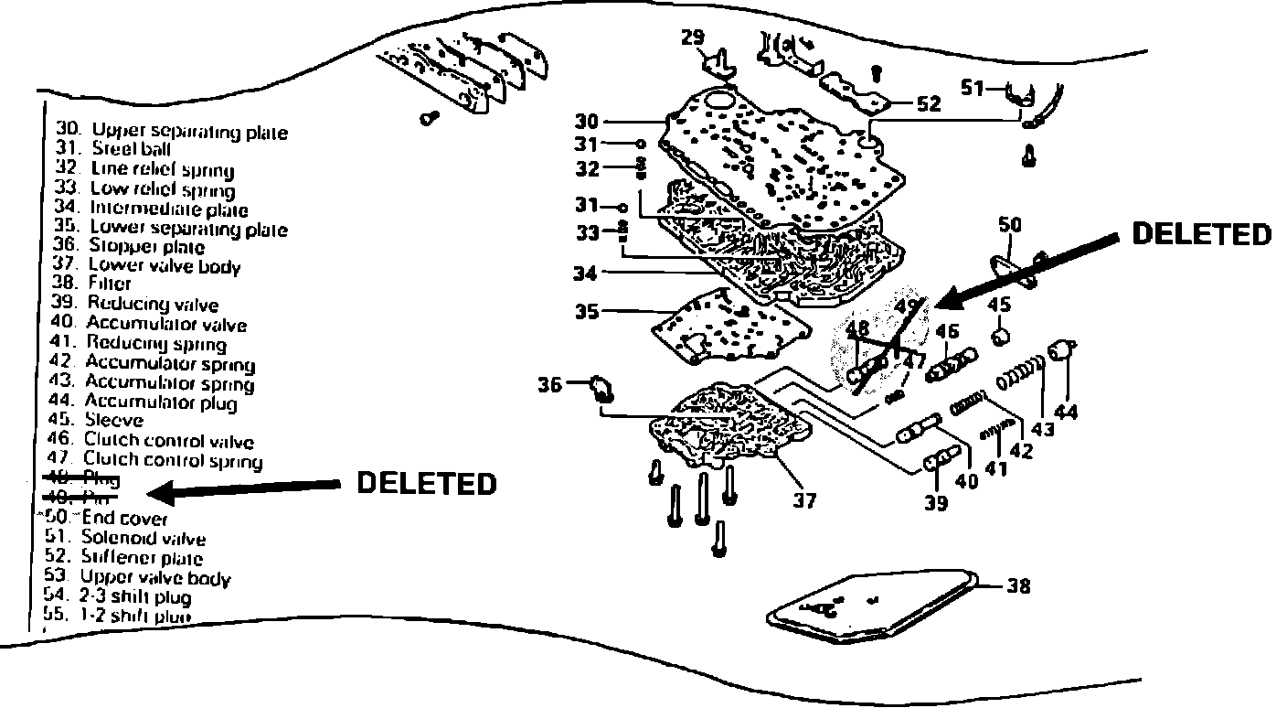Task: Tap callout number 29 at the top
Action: pos(693,38)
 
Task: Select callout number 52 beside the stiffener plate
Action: pos(928,104)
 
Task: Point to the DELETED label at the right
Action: pos(1201,234)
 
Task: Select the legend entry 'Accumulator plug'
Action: pos(161,402)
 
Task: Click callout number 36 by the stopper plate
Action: pos(549,386)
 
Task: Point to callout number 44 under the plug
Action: pos(1066,413)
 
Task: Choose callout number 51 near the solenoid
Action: pos(972,88)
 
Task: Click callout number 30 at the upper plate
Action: pos(587,121)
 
